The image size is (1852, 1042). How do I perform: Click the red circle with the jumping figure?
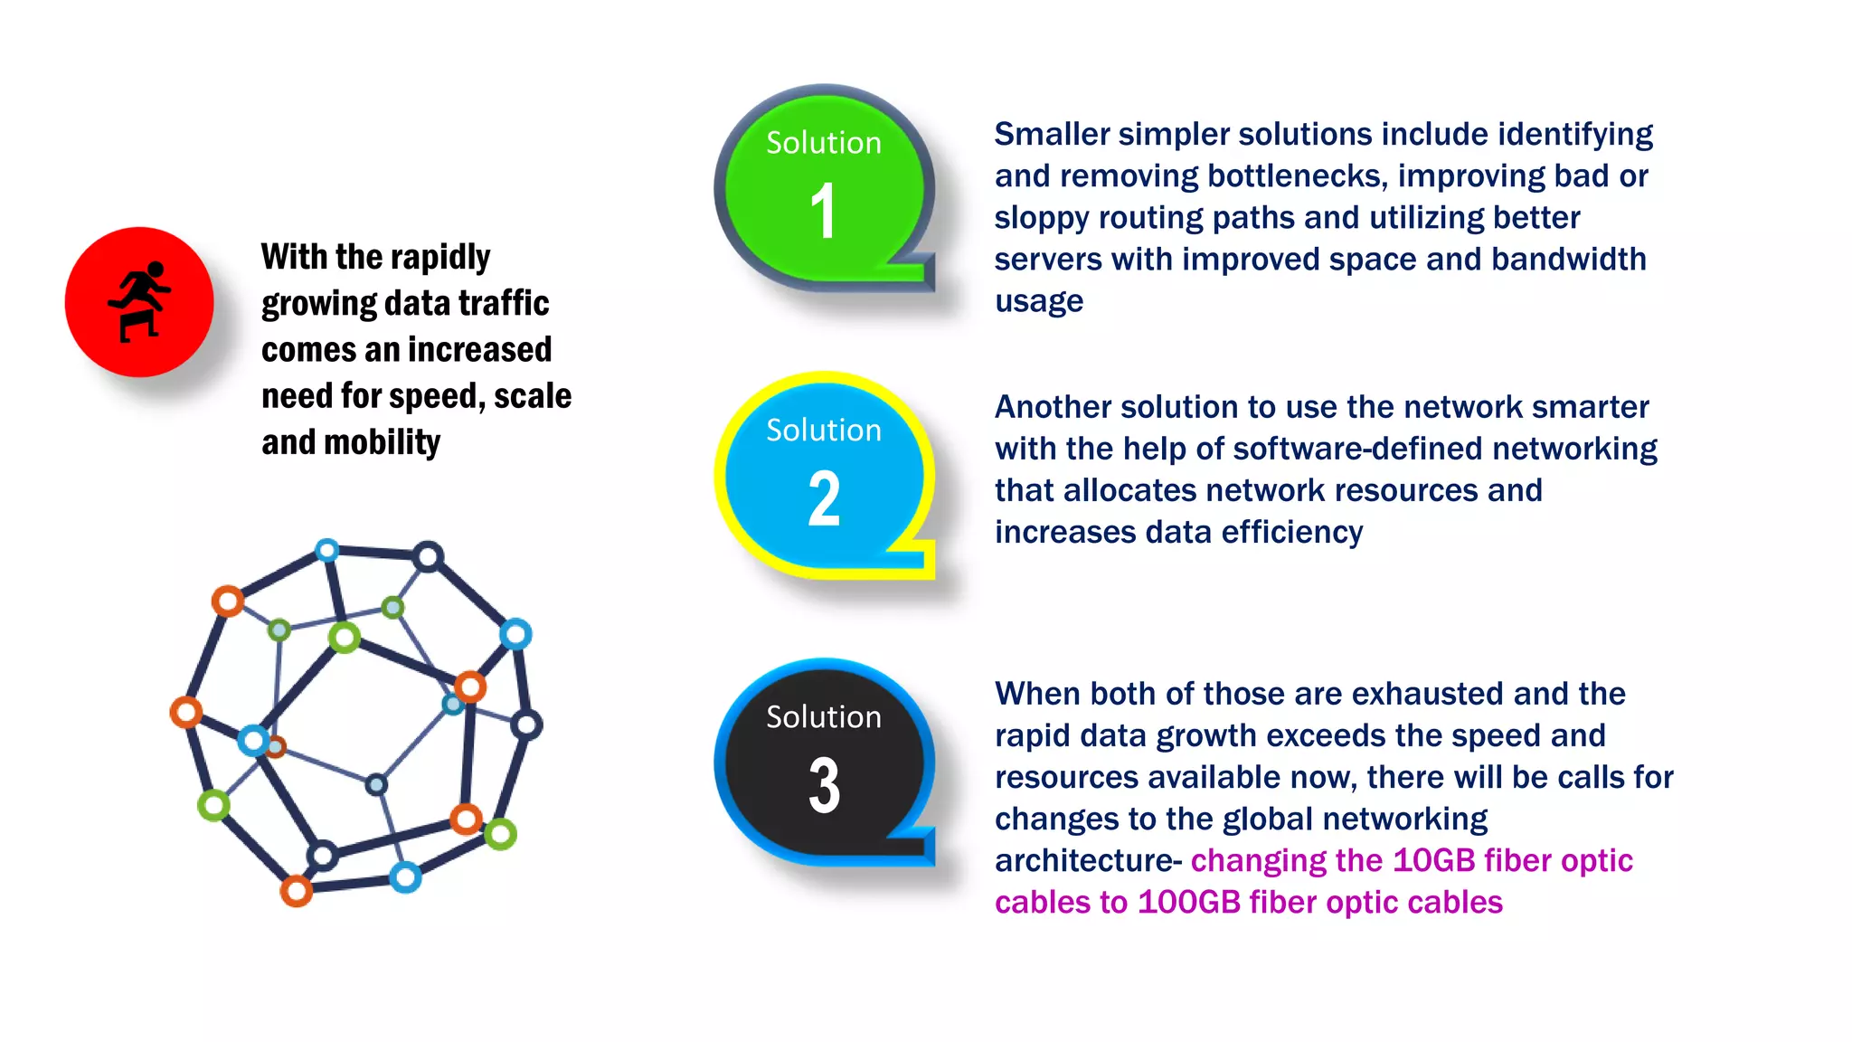tap(139, 301)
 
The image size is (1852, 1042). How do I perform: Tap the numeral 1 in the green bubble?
tap(822, 212)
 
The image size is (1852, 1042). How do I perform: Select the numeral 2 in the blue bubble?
tap(824, 498)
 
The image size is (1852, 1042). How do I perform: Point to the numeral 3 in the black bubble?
tap(824, 785)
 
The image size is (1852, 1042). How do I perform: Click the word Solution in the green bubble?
tap(823, 143)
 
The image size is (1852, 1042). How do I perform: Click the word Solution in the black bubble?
tap(823, 717)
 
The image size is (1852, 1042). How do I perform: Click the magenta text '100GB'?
tap(1188, 902)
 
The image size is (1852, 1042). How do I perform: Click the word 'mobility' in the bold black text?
tap(382, 442)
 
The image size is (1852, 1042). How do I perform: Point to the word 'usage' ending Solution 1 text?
tap(1039, 300)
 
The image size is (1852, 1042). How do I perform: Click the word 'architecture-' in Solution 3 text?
tap(1088, 860)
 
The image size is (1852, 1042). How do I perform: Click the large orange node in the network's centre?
tap(470, 687)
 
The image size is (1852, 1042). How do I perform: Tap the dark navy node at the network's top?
tap(428, 556)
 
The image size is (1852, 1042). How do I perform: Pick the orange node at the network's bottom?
tap(296, 891)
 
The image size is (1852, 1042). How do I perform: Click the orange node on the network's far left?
tap(186, 712)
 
